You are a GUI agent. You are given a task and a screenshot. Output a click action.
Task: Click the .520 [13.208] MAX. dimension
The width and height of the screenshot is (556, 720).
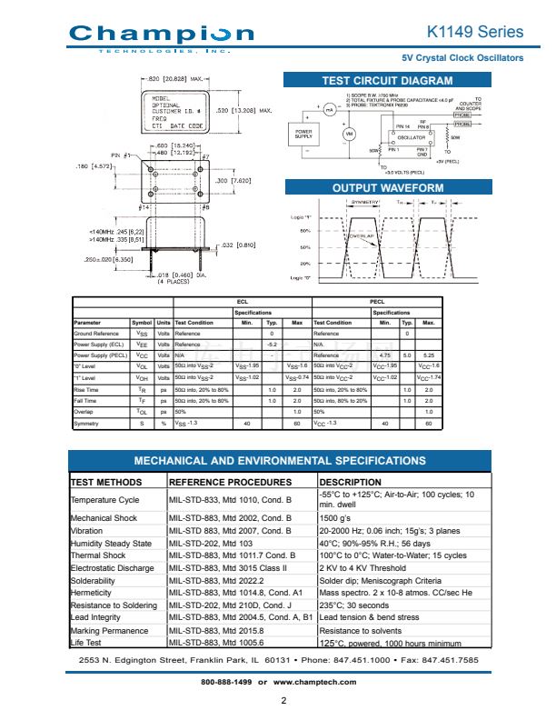(245, 111)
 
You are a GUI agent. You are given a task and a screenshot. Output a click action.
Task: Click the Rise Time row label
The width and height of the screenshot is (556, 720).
(87, 389)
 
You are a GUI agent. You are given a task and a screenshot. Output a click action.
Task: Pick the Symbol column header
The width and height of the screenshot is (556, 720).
(142, 323)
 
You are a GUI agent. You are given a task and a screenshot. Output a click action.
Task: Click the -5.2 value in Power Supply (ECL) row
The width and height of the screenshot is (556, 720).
(271, 345)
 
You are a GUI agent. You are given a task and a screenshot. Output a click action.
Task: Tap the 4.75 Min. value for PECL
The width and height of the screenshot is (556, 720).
(385, 355)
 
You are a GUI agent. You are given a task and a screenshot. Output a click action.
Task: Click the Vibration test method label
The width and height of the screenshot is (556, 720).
(87, 529)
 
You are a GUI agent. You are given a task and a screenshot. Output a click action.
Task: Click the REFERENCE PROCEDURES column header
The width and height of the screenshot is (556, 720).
(230, 482)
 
